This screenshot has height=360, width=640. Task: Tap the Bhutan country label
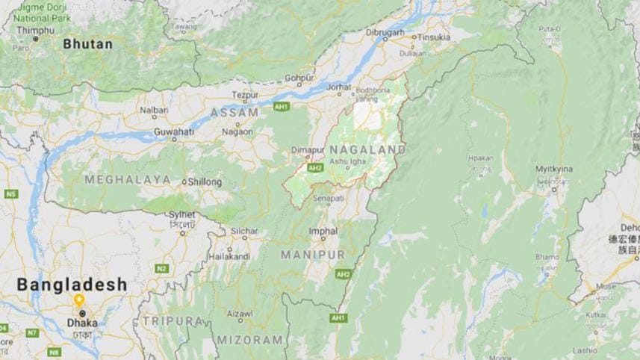pyautogui.click(x=87, y=44)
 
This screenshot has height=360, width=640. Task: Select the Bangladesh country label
pyautogui.click(x=72, y=285)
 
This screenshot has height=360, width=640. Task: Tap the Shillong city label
pyautogui.click(x=204, y=181)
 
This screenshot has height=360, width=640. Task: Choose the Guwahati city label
pyautogui.click(x=173, y=130)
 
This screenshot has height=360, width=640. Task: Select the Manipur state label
pyautogui.click(x=313, y=255)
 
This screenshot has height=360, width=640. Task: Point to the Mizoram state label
pyautogui.click(x=250, y=340)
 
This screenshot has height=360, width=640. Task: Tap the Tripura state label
pyautogui.click(x=173, y=320)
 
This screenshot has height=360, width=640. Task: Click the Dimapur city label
pyautogui.click(x=308, y=149)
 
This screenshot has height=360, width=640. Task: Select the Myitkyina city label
pyautogui.click(x=553, y=170)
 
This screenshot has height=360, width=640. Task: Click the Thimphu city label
pyautogui.click(x=36, y=30)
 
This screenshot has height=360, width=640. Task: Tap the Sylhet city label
pyautogui.click(x=182, y=214)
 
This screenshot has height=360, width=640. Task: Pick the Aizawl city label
pyautogui.click(x=240, y=314)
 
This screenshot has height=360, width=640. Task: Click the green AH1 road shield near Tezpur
pyautogui.click(x=282, y=106)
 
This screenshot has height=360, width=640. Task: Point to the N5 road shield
pyautogui.click(x=10, y=193)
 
